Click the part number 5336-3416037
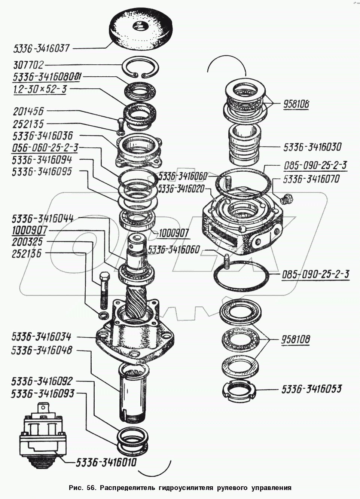(41, 49)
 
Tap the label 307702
(28, 65)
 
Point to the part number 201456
(28, 111)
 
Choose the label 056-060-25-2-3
(45, 148)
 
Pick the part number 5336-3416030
(312, 147)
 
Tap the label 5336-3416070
(311, 179)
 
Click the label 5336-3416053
(311, 389)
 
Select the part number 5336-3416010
(106, 463)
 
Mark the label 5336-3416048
(42, 350)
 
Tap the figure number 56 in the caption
(90, 488)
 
